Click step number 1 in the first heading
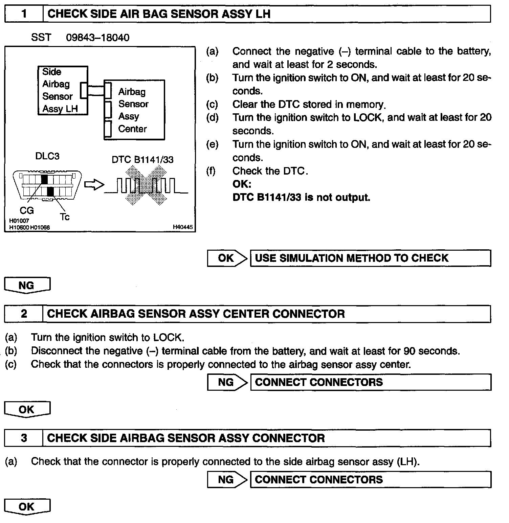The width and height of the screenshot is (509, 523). tap(24, 14)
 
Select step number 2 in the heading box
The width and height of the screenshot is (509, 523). tap(24, 314)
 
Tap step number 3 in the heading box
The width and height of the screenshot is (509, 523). tap(24, 438)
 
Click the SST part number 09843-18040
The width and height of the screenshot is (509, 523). tap(97, 38)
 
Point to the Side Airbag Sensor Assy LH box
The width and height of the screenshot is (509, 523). tap(63, 90)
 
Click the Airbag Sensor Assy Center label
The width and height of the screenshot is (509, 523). tap(133, 110)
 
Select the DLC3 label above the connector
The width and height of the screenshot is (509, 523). tap(47, 156)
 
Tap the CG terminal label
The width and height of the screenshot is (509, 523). tap(27, 210)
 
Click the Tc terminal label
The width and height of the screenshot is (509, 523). tap(64, 217)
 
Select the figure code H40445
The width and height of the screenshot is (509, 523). tap(183, 227)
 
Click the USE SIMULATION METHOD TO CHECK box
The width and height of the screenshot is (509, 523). tap(370, 258)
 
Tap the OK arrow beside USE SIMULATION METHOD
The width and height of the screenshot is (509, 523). tap(227, 258)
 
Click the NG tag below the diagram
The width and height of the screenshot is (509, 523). tap(27, 285)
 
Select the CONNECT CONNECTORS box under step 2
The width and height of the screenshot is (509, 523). tap(370, 382)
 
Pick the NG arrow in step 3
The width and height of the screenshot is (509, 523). tap(227, 479)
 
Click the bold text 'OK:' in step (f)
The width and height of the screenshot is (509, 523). tap(242, 184)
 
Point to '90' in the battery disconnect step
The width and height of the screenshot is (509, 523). tap(410, 351)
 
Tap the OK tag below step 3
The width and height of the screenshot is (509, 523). tap(27, 507)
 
